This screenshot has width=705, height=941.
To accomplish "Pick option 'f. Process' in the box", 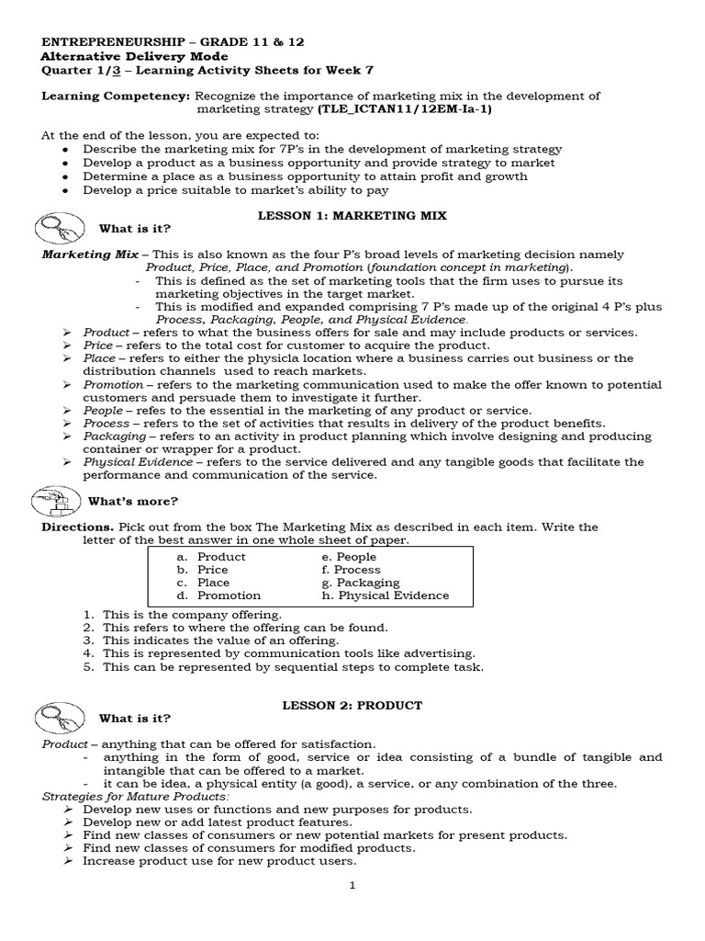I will [x=351, y=570].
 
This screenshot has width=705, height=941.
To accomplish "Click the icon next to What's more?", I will [x=57, y=500].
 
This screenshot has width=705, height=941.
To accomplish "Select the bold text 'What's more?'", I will [x=133, y=501].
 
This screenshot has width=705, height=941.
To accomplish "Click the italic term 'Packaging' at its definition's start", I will [x=114, y=436].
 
